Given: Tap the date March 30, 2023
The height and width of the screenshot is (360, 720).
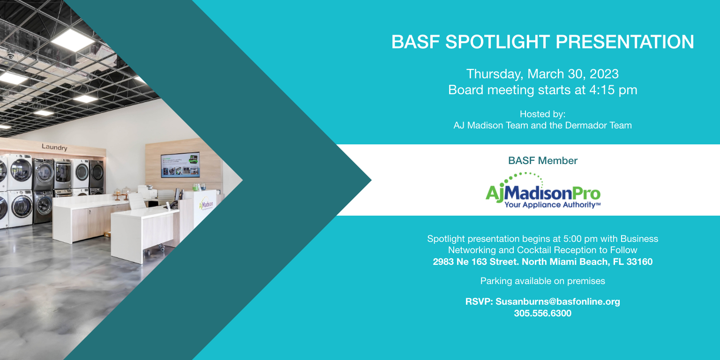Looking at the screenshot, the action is click(573, 74).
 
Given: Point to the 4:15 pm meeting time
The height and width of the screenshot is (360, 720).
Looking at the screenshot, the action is click(613, 90).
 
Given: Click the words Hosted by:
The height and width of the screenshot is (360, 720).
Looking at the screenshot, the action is click(542, 114).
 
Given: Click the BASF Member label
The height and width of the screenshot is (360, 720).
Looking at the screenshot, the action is click(542, 161).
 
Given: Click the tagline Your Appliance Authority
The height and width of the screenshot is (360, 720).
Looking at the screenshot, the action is click(552, 205).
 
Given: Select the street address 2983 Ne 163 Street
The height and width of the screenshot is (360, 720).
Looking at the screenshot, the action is click(476, 262).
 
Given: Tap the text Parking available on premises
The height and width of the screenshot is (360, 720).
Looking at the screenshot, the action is click(542, 281).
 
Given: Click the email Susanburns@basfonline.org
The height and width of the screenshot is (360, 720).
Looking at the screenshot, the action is click(558, 302).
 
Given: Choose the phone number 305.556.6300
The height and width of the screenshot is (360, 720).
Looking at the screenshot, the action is click(542, 314).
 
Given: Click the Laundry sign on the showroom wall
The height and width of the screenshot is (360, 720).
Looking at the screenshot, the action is click(54, 147).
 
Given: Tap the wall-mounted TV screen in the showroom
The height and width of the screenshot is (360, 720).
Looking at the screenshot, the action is click(180, 165).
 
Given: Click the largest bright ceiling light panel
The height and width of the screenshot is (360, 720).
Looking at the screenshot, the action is click(73, 40).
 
